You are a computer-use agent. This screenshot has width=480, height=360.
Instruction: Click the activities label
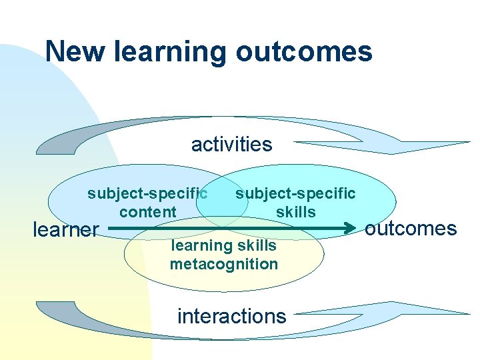coord(231,144)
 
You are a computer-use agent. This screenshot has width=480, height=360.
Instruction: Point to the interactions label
coord(231,315)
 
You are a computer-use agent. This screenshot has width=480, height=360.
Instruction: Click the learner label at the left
coord(65,230)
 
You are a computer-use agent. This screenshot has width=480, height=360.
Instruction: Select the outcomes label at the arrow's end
coord(411,229)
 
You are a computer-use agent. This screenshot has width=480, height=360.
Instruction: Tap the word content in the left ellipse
coord(148,212)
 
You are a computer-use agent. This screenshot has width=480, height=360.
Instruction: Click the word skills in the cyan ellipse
coord(295,212)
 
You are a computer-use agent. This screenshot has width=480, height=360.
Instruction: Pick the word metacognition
coord(223,263)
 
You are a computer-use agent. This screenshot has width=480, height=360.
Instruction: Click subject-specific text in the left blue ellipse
coord(147,193)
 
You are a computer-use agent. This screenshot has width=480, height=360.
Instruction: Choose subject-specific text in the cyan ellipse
coord(295,193)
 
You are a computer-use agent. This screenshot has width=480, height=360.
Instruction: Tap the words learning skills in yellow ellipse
coord(223,245)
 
